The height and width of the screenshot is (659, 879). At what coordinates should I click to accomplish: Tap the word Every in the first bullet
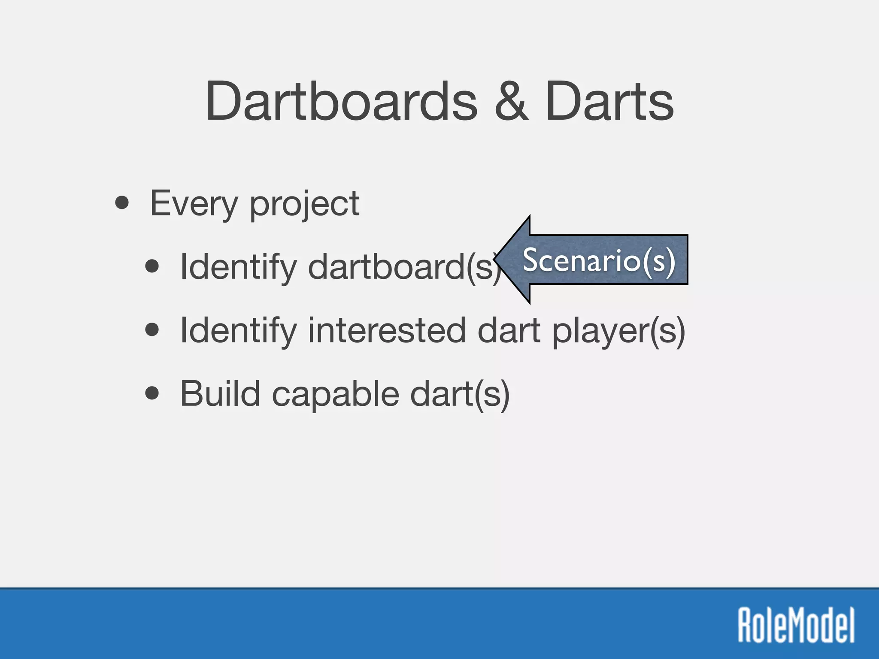pyautogui.click(x=194, y=204)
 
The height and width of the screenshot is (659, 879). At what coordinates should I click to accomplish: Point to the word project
pyautogui.click(x=304, y=205)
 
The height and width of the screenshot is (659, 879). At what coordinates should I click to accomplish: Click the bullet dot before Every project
pyautogui.click(x=122, y=203)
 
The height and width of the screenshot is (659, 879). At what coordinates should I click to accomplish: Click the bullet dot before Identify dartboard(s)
pyautogui.click(x=152, y=266)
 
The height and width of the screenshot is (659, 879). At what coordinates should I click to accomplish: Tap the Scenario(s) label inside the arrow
pyautogui.click(x=599, y=260)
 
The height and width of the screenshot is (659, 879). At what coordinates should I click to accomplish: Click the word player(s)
pyautogui.click(x=618, y=331)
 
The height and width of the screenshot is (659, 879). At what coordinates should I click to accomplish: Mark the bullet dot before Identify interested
pyautogui.click(x=152, y=330)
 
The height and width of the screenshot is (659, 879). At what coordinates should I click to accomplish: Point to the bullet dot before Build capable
pyautogui.click(x=152, y=393)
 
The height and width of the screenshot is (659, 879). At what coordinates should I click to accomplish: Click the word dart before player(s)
pyautogui.click(x=509, y=330)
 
